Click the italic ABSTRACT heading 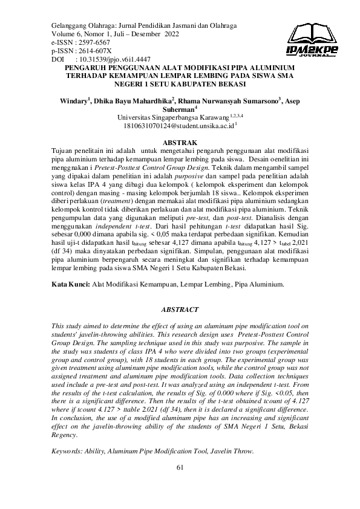[180, 310]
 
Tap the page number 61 [180, 467]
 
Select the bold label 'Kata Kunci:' [71, 282]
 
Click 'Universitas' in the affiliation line [135, 118]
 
